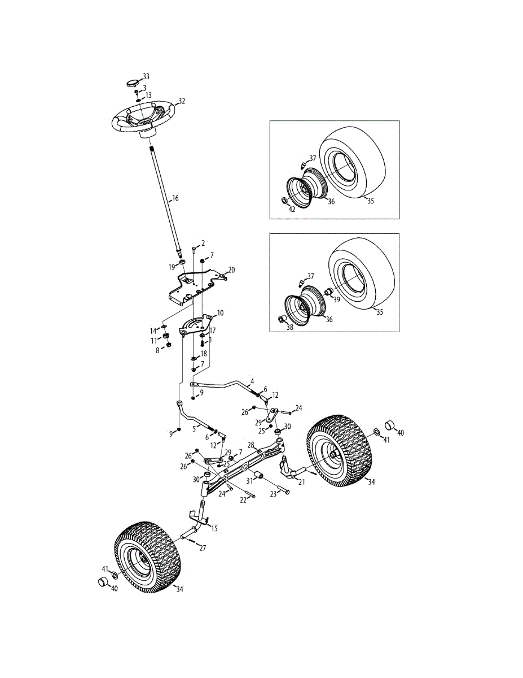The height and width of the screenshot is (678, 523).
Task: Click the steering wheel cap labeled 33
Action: pyautogui.click(x=132, y=82)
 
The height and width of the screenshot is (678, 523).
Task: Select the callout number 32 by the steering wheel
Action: pyautogui.click(x=182, y=101)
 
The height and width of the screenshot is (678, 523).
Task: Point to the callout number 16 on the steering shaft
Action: pyautogui.click(x=175, y=198)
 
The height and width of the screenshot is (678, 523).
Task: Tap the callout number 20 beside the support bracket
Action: pyautogui.click(x=231, y=269)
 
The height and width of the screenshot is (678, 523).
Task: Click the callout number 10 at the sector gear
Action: pyautogui.click(x=220, y=312)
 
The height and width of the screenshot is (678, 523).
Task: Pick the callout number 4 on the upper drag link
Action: pyautogui.click(x=252, y=381)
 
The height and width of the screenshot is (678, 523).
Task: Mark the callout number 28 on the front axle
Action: pyautogui.click(x=250, y=445)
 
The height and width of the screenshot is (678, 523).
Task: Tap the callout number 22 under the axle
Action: pyautogui.click(x=243, y=499)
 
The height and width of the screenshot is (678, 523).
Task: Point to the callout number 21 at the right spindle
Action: pyautogui.click(x=301, y=482)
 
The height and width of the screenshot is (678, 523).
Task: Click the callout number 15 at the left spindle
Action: pyautogui.click(x=214, y=528)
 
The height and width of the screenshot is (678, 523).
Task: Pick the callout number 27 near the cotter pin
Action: pyautogui.click(x=203, y=547)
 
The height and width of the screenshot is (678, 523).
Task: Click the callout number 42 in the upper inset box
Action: pyautogui.click(x=292, y=209)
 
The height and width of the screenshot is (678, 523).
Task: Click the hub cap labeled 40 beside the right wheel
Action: pyautogui.click(x=389, y=425)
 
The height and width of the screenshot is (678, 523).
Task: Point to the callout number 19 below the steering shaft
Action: pyautogui.click(x=172, y=266)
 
